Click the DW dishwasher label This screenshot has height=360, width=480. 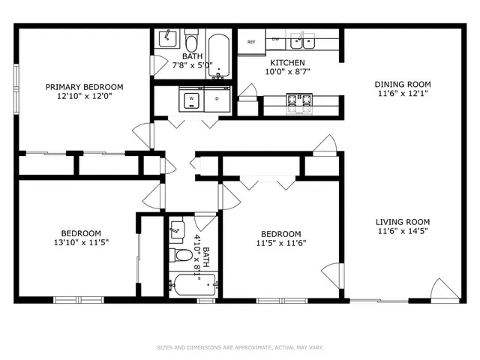coord(275,38)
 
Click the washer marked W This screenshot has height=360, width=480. coord(191,98)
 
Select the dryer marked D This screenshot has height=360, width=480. coord(217,98)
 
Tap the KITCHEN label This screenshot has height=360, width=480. coord(287,63)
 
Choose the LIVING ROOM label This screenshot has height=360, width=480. coord(402,221)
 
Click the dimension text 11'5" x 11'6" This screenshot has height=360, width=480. coord(281,243)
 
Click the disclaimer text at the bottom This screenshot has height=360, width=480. coord(240,347)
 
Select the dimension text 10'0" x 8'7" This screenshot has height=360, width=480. coord(287,73)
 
